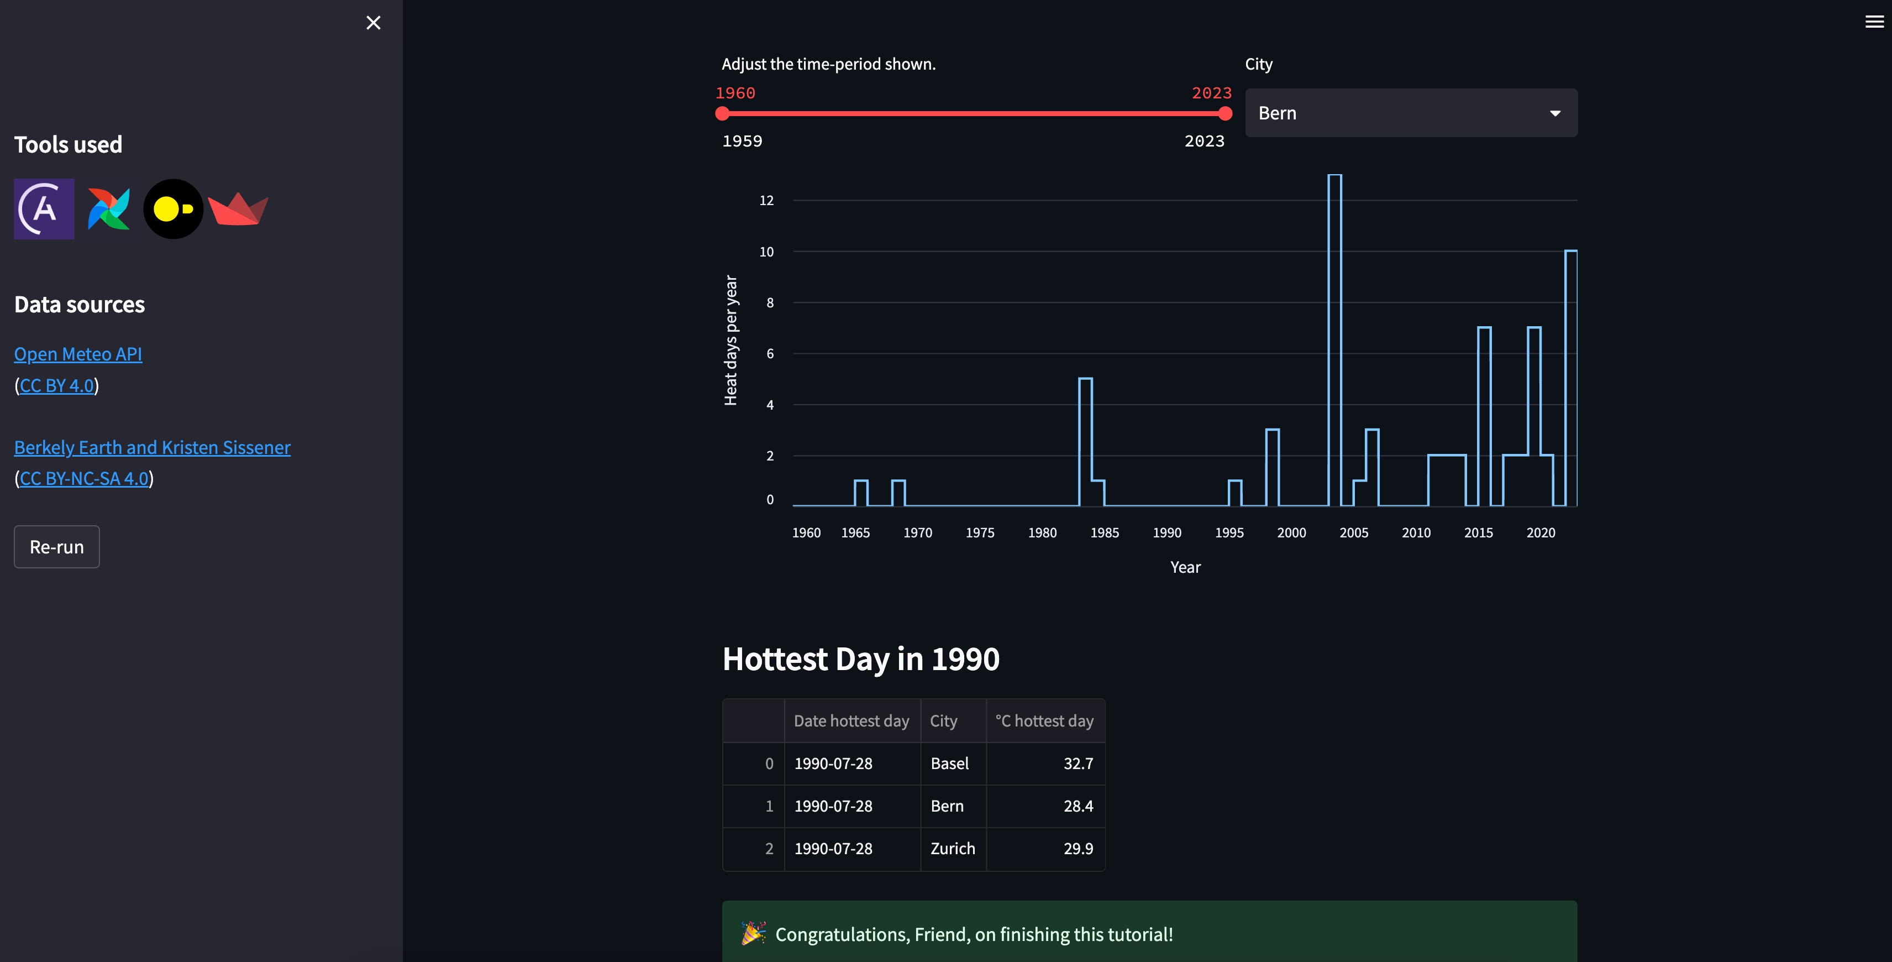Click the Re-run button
point(56,547)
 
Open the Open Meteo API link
point(78,354)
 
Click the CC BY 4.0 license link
point(56,386)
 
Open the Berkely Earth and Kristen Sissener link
point(152,448)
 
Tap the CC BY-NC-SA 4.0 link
point(84,478)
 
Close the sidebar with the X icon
point(373,23)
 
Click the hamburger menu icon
point(1874,22)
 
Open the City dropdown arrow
point(1555,113)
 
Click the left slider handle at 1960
point(722,113)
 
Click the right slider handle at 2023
point(1225,113)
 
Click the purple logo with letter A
point(44,209)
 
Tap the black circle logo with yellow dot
point(174,209)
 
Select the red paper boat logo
point(238,209)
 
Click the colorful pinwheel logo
point(109,209)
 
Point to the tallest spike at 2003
point(1334,175)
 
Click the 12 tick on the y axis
point(766,201)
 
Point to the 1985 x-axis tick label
point(1105,533)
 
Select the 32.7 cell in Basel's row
point(1078,764)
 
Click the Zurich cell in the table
point(953,849)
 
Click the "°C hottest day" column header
point(1044,721)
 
